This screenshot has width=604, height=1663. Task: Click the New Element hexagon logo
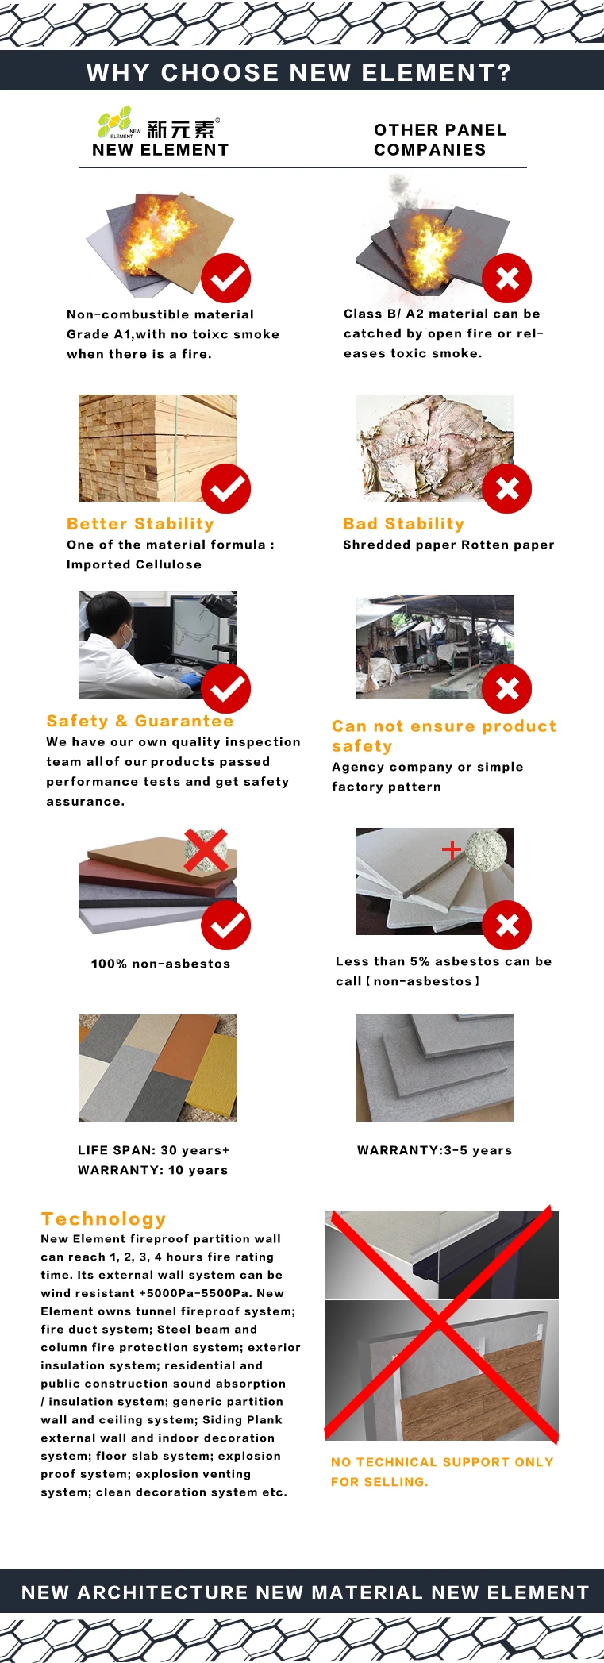[115, 121]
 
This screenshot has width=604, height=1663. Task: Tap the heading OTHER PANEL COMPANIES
[440, 140]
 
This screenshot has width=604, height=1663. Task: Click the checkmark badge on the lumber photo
[225, 488]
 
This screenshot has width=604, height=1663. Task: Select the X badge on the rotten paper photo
[507, 488]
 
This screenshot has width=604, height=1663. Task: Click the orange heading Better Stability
[140, 524]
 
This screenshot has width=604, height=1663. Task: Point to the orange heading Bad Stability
[403, 524]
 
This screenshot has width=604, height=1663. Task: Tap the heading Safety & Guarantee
[140, 721]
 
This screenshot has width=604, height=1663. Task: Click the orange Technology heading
[103, 1218]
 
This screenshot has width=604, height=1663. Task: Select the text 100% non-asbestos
[160, 964]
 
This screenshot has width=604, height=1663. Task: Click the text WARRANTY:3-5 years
[434, 1150]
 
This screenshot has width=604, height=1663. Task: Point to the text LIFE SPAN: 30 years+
[153, 1150]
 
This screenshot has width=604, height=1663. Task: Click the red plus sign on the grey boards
[452, 850]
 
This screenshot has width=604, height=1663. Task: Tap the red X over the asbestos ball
[206, 850]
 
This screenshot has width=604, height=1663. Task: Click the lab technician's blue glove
[190, 679]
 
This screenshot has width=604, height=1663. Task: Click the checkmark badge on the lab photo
[225, 688]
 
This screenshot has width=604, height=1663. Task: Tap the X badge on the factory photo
[507, 688]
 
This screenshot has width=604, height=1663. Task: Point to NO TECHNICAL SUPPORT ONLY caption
[442, 1462]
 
